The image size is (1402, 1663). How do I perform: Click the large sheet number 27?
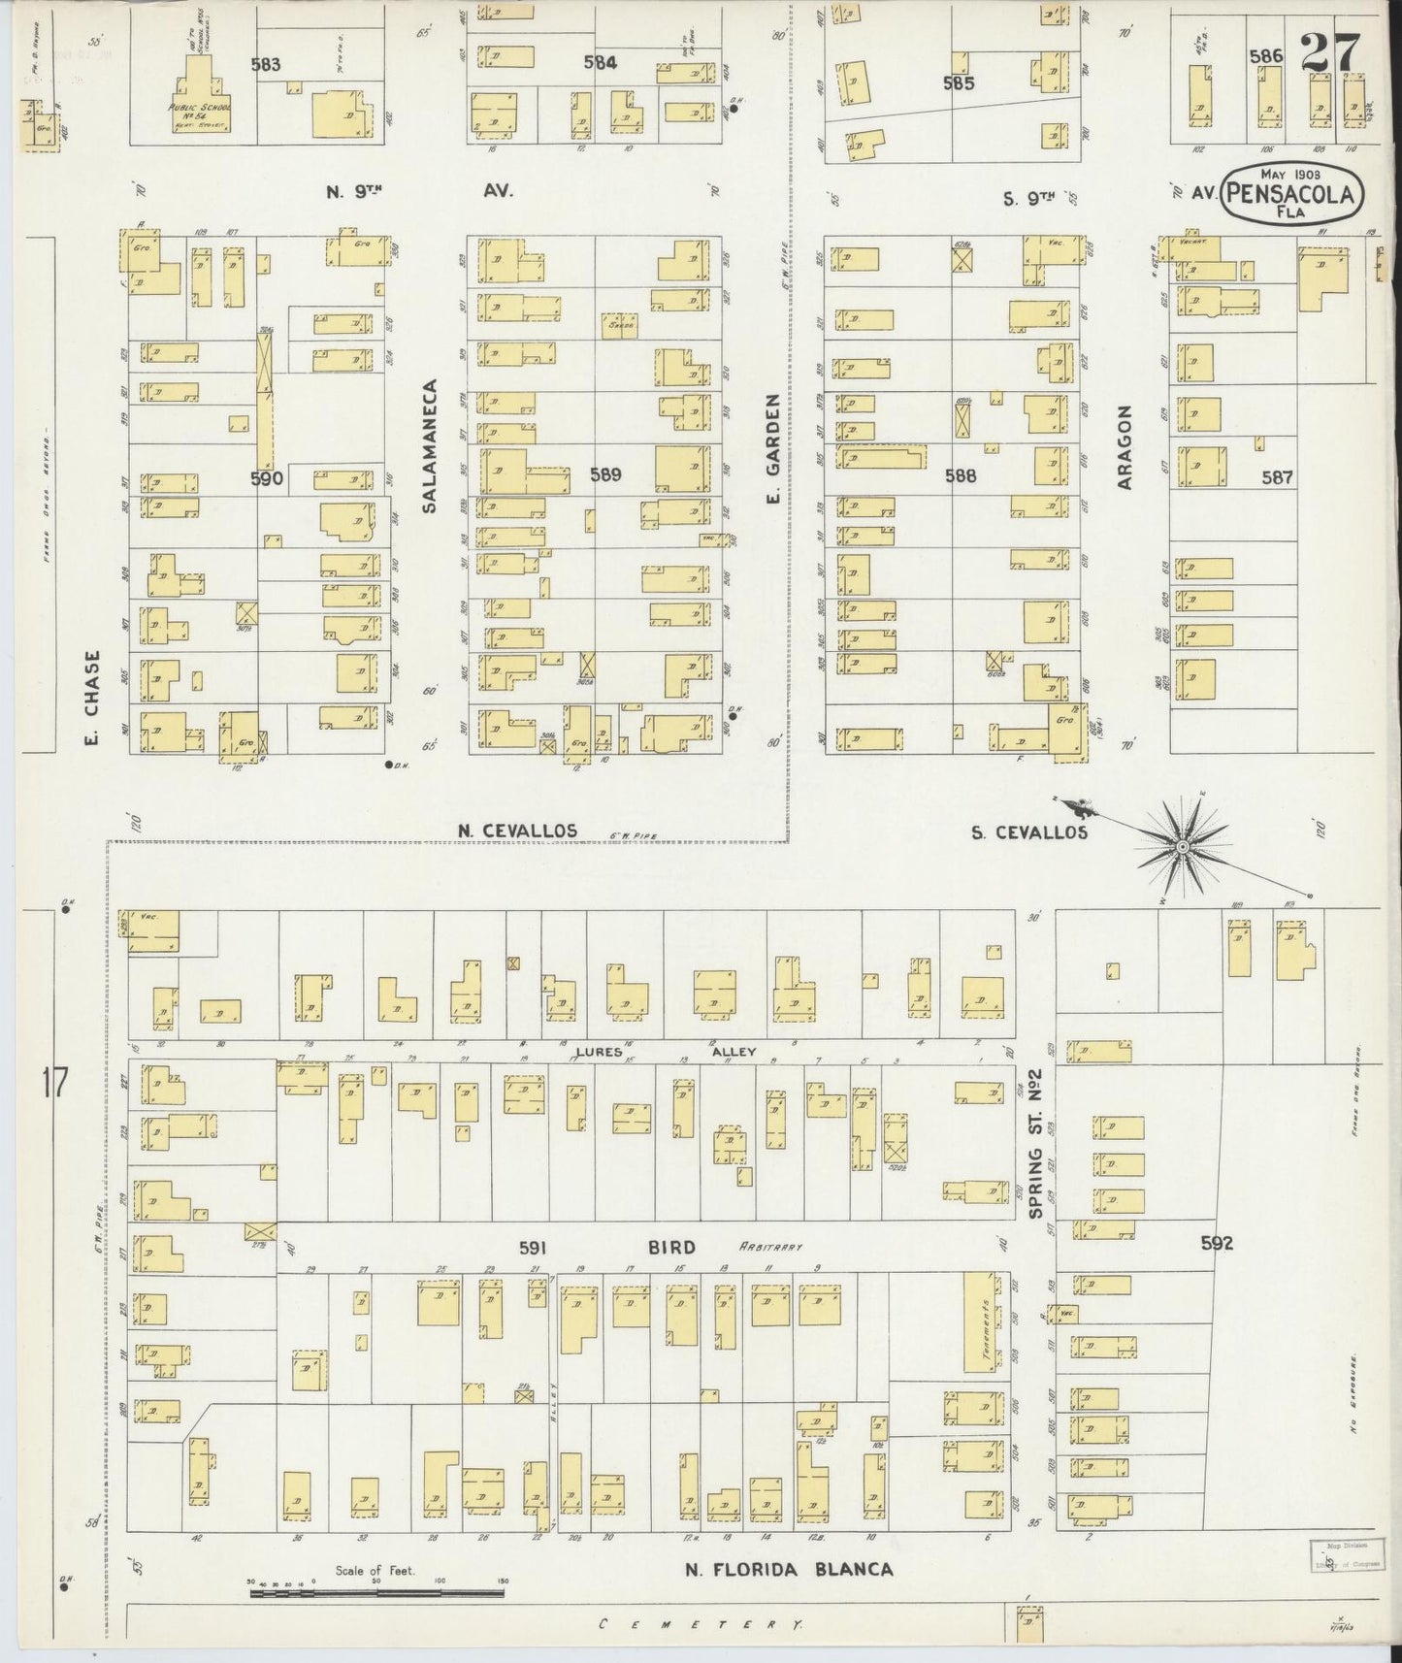tap(1330, 53)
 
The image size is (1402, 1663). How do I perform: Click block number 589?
tap(604, 474)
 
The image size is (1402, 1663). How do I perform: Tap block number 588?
tap(960, 475)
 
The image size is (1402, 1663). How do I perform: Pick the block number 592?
tap(1216, 1243)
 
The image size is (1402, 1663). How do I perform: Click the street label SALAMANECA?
tap(431, 445)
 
